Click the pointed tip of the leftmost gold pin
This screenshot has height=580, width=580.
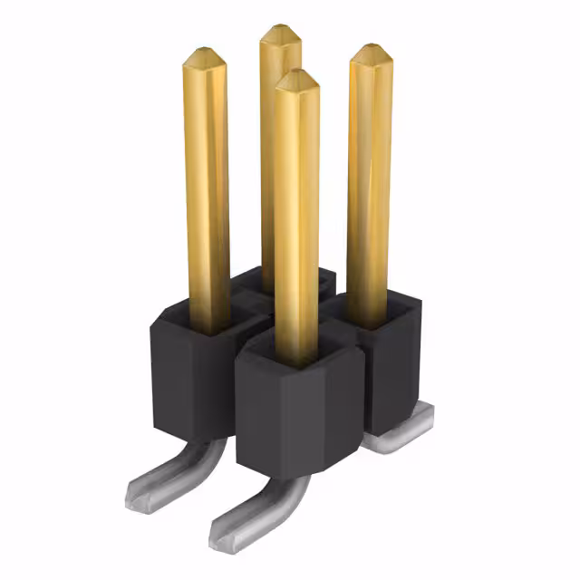[x=204, y=57]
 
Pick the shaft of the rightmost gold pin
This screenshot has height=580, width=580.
[x=370, y=181]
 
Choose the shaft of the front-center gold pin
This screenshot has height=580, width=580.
[x=297, y=227]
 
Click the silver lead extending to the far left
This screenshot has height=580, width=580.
[x=163, y=476]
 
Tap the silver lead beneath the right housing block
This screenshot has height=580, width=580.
[x=403, y=435]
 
